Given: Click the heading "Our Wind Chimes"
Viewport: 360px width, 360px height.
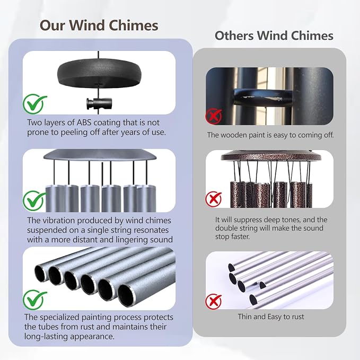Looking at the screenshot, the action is click(x=99, y=25).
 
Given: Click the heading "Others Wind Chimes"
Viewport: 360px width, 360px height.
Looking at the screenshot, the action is click(x=274, y=36).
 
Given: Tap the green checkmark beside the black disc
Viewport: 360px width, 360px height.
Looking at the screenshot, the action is click(x=34, y=103).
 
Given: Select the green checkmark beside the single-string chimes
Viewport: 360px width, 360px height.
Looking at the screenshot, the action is click(x=34, y=200).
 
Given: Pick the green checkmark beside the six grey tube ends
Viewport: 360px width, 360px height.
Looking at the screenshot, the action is click(x=34, y=300).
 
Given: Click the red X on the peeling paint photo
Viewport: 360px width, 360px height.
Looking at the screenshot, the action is click(x=214, y=117).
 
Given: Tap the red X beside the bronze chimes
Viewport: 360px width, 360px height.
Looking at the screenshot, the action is click(x=214, y=199).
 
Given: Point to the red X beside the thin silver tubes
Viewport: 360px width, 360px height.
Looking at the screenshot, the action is click(x=214, y=301).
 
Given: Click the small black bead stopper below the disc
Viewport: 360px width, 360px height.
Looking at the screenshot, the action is click(x=99, y=103).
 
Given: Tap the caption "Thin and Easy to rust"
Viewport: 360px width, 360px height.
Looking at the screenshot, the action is click(x=271, y=317).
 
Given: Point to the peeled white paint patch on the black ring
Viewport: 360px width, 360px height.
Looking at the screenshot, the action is click(x=262, y=99).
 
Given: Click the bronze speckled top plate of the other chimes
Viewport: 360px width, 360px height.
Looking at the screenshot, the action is click(x=271, y=157).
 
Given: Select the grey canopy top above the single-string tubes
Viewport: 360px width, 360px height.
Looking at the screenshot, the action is click(x=99, y=155).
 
